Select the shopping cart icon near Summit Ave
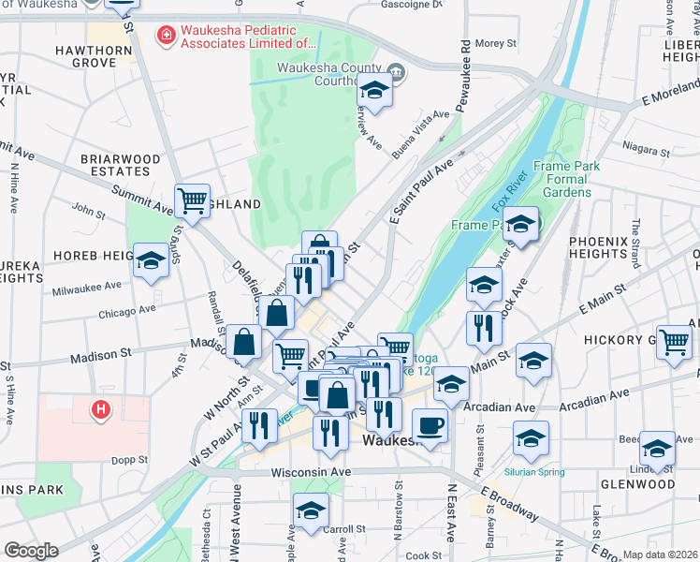192,200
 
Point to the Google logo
31,550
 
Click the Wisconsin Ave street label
311,472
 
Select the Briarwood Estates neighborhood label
120,166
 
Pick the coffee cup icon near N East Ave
430,425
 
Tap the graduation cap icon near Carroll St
311,510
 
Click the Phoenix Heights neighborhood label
597,247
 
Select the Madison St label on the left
98,356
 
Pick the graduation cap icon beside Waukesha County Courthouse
374,92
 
